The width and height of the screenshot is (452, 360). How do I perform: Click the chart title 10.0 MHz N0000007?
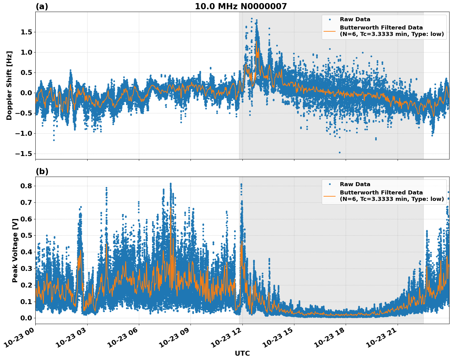coord(241,6)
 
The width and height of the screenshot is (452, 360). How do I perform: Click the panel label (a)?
coord(42,6)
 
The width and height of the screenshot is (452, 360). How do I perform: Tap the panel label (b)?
coord(42,171)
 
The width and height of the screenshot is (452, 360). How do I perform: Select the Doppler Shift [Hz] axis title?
coord(9,85)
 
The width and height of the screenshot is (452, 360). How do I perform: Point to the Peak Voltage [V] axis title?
coord(15,250)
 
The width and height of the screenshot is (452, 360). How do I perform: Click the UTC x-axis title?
coord(242,353)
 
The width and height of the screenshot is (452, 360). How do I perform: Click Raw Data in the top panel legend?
coord(355,20)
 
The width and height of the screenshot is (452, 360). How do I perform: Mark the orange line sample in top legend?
coord(329,31)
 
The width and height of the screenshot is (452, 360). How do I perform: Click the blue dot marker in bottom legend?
coord(329,184)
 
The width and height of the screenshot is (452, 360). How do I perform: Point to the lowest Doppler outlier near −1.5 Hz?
coord(340,152)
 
